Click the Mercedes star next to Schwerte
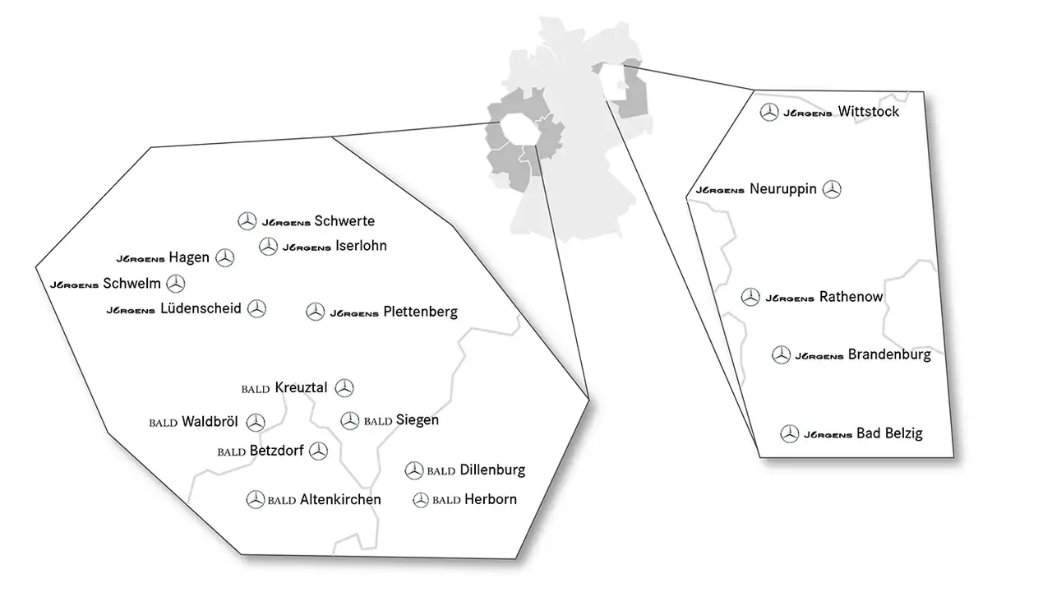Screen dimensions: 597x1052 coord(247,220)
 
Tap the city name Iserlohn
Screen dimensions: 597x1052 coord(361,245)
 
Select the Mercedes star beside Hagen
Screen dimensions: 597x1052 coord(224,258)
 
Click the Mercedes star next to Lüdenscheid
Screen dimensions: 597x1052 coord(257,308)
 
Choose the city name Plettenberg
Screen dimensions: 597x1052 coord(420,312)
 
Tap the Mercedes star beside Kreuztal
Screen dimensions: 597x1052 coord(344,387)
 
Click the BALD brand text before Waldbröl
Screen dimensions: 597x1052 coord(164,423)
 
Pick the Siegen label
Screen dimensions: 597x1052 coord(417,419)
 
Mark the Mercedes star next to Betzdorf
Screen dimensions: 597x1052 coord(318,451)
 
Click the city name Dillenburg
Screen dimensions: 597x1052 coord(492,470)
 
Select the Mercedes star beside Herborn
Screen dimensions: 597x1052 coord(421,499)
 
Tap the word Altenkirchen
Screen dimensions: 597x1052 coord(340,499)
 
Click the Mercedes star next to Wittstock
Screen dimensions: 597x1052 coord(768,113)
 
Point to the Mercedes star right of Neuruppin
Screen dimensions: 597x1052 coord(833,189)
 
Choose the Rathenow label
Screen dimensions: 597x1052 coord(851,297)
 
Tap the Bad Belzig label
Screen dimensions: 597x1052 coord(889,433)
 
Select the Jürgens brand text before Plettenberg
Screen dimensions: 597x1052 coord(353,313)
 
